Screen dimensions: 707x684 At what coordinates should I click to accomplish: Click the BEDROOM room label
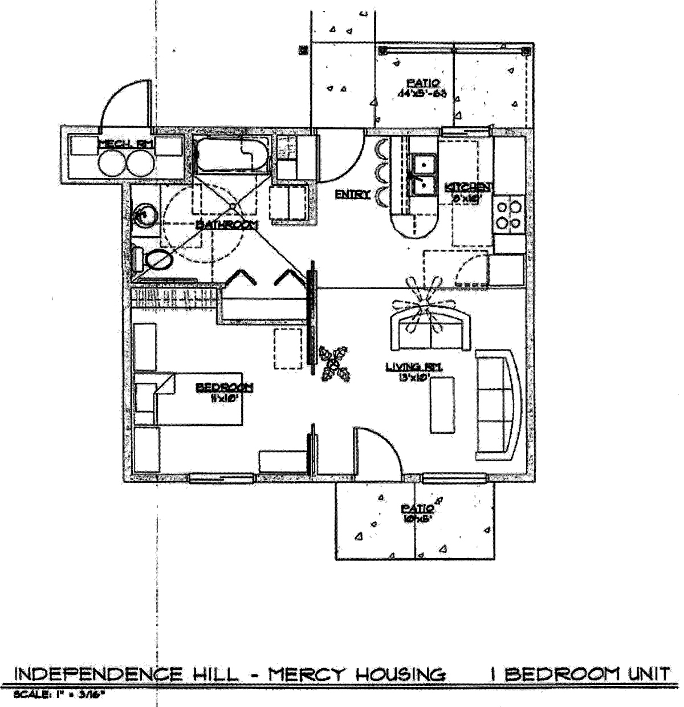click(x=224, y=388)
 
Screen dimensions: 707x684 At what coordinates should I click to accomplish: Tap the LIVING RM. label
click(x=414, y=367)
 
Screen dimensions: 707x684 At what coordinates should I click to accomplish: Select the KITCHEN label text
click(x=469, y=187)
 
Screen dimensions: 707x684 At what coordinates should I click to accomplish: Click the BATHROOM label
click(x=226, y=225)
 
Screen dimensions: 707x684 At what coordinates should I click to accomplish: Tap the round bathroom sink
click(x=144, y=216)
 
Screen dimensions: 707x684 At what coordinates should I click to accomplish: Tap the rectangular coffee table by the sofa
click(x=442, y=405)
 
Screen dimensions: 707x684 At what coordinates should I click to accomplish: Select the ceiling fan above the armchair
click(x=425, y=302)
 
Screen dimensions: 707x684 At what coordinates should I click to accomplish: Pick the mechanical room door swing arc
click(x=120, y=103)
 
